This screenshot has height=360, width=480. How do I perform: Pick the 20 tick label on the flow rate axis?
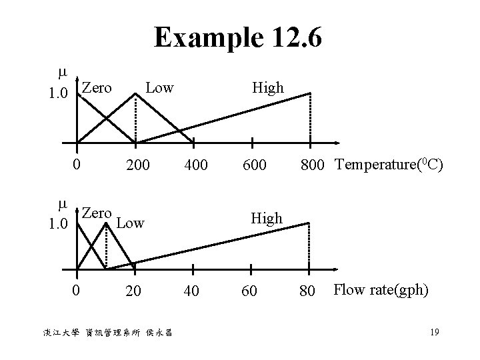coord(135,291)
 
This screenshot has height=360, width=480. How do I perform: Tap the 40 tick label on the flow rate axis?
coord(193,291)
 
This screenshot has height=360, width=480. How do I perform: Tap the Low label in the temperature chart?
coord(159,87)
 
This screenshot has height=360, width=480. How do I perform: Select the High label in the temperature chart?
coord(267,87)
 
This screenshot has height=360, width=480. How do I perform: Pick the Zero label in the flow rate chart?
coord(97,213)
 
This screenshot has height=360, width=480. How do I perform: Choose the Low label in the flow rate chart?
coord(130,222)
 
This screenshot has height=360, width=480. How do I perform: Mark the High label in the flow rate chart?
coord(267,218)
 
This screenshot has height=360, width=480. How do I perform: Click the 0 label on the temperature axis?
coord(77,163)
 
